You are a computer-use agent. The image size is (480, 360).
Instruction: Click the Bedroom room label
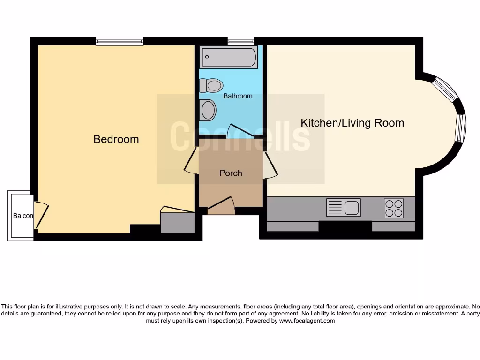pyautogui.click(x=116, y=139)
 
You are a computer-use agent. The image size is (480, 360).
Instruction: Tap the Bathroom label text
pyautogui.click(x=238, y=96)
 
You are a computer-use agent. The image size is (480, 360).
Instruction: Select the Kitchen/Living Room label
pyautogui.click(x=352, y=123)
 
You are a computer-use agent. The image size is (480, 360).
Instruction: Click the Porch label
pyautogui.click(x=231, y=173)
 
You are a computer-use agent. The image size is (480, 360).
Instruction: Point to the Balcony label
pyautogui.click(x=22, y=216)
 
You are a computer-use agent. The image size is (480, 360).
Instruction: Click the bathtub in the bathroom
pyautogui.click(x=228, y=57)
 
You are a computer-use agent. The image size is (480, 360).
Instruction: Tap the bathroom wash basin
pyautogui.click(x=208, y=111)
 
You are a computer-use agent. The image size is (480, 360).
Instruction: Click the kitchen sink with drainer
pyautogui.click(x=344, y=207)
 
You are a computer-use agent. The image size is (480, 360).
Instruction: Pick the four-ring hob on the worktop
pyautogui.click(x=394, y=208)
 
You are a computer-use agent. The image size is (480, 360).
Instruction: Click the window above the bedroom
pyautogui.click(x=120, y=41)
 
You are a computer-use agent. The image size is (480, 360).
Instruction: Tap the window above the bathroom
pyautogui.click(x=240, y=41)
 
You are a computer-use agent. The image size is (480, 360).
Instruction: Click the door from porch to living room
pyautogui.click(x=270, y=165)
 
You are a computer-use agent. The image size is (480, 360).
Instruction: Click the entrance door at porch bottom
pyautogui.click(x=221, y=206)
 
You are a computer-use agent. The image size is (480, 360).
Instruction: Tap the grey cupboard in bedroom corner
pyautogui.click(x=178, y=223)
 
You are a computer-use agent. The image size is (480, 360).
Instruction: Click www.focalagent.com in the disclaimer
pyautogui.click(x=307, y=321)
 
